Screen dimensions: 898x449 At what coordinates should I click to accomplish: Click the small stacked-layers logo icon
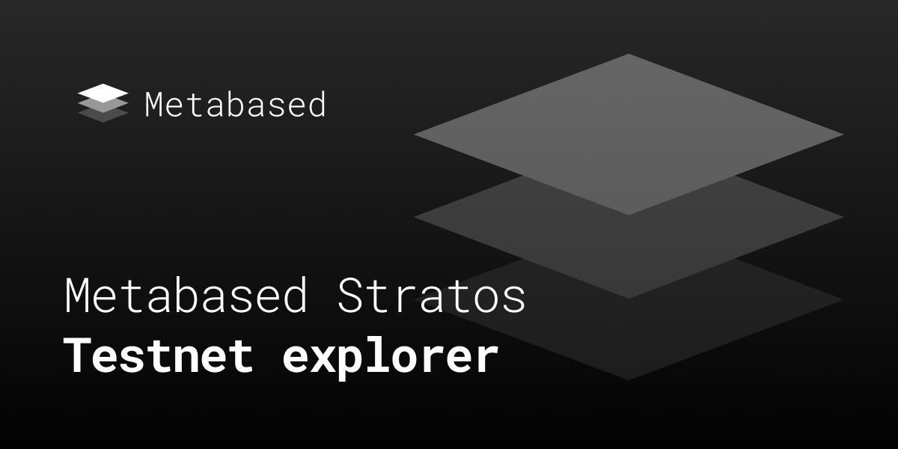tap(103, 103)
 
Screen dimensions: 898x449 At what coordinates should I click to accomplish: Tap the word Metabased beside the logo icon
tap(235, 104)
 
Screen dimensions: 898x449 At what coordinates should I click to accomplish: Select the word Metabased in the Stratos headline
tap(186, 296)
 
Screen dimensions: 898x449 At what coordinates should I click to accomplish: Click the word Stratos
tap(431, 296)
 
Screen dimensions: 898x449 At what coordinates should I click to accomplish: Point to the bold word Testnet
tap(159, 355)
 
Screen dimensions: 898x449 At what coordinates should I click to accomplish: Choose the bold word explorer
tap(391, 358)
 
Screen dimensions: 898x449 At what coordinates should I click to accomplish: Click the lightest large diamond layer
tap(629, 134)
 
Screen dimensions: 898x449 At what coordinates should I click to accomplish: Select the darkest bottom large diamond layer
tap(629, 340)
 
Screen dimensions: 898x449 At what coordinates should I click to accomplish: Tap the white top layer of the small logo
tap(103, 93)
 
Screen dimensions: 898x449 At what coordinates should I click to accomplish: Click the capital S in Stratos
tap(352, 296)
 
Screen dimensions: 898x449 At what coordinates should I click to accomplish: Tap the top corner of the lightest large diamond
tap(629, 54)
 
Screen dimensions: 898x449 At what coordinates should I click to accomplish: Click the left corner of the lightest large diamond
tap(414, 135)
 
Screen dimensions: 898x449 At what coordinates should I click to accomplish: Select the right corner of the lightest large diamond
tap(844, 135)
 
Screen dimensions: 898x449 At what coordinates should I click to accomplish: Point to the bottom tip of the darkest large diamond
tap(629, 380)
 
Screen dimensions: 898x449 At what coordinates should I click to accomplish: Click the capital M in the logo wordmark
tap(153, 104)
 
